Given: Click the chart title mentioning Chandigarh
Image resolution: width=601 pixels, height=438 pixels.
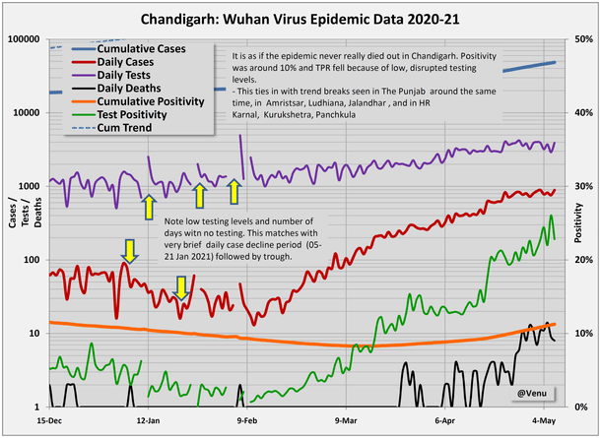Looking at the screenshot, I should click(x=300, y=18).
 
